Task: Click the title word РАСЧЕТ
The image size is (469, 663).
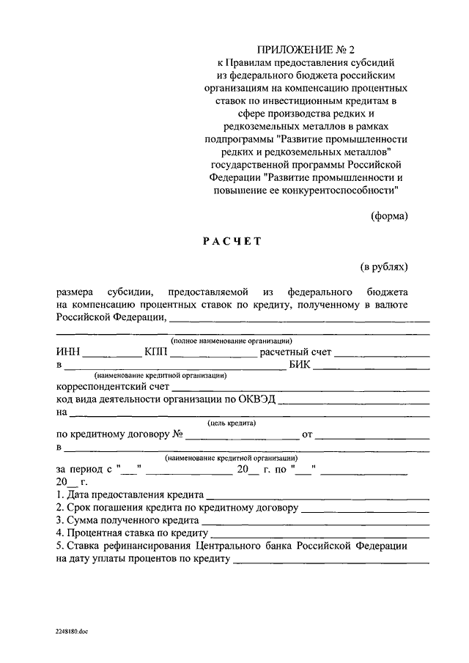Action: [x=232, y=240]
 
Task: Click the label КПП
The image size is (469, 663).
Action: [x=156, y=352]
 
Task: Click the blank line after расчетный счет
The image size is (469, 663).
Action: [x=382, y=355]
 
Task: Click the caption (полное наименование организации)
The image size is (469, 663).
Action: [x=232, y=341]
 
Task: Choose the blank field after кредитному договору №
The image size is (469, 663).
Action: [x=243, y=437]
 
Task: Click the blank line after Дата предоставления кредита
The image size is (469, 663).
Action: [x=318, y=497]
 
